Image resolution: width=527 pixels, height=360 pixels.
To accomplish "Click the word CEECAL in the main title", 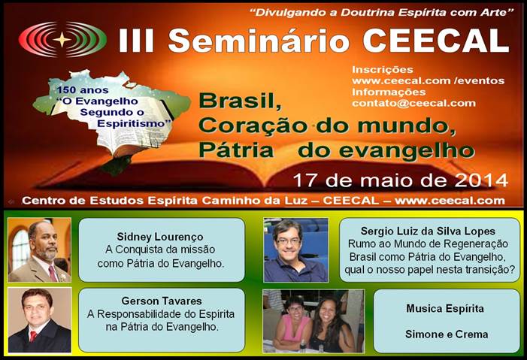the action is click(x=436, y=41).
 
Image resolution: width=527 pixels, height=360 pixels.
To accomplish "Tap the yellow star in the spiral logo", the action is click(x=62, y=40).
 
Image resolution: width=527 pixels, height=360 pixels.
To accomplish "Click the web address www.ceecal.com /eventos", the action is click(x=429, y=80).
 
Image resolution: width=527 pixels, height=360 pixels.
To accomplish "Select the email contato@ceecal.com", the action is click(x=413, y=103).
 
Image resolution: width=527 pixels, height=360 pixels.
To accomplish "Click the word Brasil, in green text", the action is click(x=241, y=100).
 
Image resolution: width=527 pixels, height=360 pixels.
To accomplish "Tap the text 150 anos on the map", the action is click(x=83, y=90).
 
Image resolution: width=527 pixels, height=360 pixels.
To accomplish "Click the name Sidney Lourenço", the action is click(x=160, y=237).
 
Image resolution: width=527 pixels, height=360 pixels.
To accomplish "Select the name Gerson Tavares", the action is click(x=162, y=301).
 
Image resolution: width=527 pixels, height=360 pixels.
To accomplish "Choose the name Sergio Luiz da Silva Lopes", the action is click(x=428, y=231).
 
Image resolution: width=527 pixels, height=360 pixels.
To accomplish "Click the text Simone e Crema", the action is click(x=447, y=334).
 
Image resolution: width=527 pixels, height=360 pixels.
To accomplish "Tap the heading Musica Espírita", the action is click(x=445, y=309).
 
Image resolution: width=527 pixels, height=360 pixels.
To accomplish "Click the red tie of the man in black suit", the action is click(x=33, y=336).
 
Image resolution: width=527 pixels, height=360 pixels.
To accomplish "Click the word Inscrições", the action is click(x=383, y=70).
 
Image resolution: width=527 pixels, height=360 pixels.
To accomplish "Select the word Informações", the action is click(x=389, y=92).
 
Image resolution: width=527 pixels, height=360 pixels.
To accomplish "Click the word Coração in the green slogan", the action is click(x=253, y=126).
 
